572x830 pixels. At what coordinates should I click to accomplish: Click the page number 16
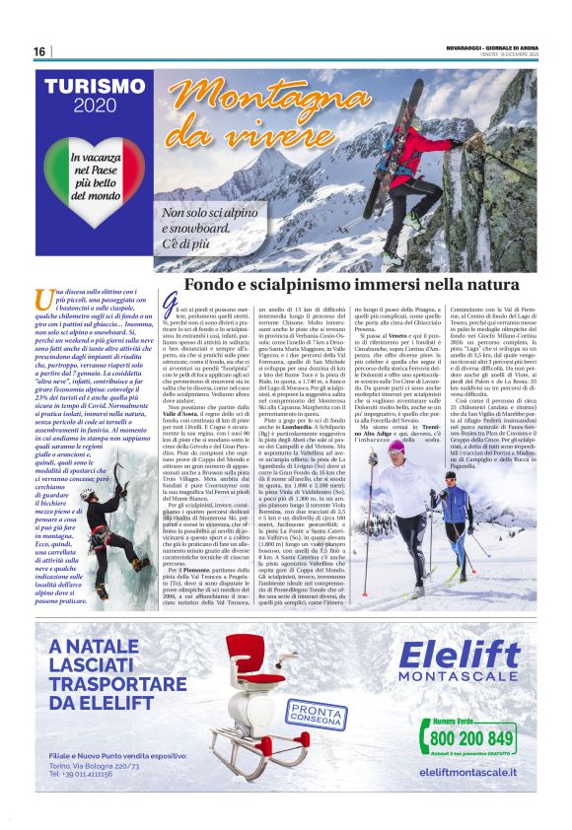click(x=39, y=51)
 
